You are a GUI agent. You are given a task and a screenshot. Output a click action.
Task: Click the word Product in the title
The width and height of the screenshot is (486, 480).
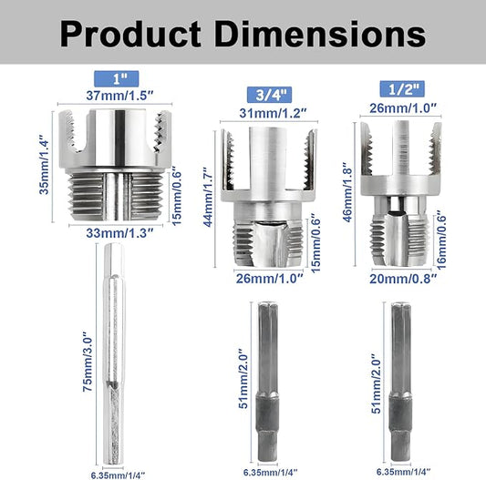130,34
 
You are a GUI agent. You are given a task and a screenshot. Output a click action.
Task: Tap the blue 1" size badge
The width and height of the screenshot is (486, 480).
116,79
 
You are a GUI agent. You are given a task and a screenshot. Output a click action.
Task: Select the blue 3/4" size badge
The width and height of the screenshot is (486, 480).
269,95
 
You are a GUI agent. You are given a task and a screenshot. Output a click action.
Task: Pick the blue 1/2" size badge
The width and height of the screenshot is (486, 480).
402,89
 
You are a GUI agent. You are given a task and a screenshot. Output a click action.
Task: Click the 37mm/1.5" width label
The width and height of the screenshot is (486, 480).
119,96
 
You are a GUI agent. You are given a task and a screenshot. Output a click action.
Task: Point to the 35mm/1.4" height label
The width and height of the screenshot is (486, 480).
44,168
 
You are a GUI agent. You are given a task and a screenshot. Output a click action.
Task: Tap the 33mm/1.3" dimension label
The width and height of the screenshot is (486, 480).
119,233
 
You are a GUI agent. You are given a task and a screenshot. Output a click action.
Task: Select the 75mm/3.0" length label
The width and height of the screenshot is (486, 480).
88,362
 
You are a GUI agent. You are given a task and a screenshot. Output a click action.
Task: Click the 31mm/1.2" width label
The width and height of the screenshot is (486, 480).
273,113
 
